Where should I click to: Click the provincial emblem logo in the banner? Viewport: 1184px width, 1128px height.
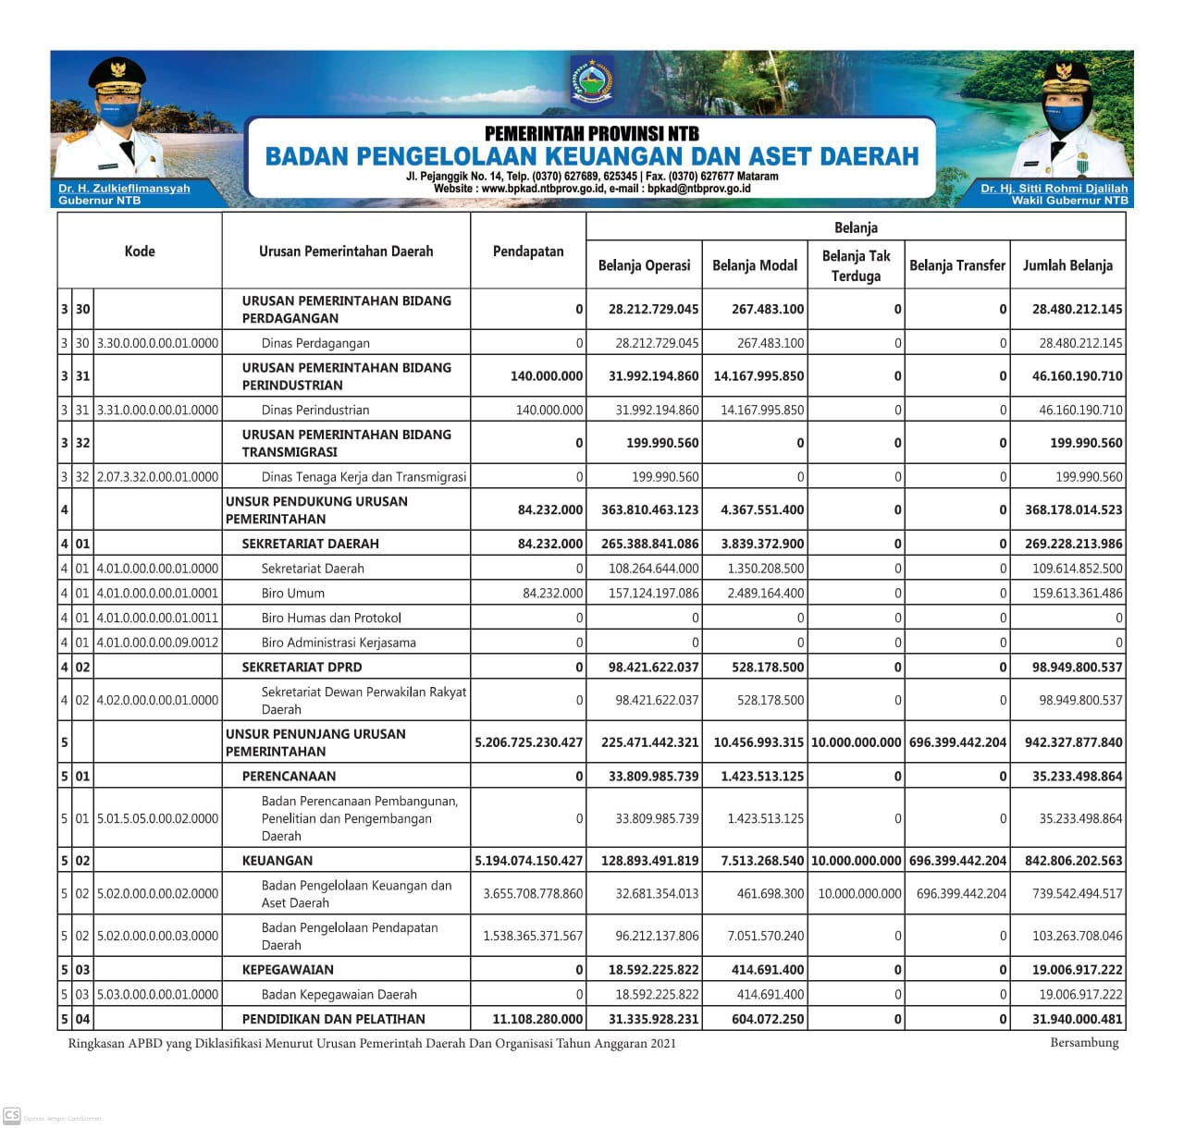[x=592, y=80]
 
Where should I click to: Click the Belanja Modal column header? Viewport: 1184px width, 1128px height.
[x=755, y=265]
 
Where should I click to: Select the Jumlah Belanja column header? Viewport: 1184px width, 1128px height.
[x=1067, y=265]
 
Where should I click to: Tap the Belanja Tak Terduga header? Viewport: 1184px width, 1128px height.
[x=856, y=265]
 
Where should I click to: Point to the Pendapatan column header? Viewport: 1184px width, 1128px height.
[x=528, y=251]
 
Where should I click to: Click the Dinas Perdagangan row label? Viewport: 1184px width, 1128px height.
[x=315, y=343]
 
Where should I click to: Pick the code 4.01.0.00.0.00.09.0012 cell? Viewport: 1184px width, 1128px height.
[x=158, y=643]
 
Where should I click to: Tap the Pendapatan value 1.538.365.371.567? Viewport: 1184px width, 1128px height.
[x=533, y=936]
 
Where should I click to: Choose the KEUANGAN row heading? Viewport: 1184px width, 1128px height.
[x=277, y=861]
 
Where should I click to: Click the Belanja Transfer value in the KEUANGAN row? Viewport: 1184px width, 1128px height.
[x=957, y=861]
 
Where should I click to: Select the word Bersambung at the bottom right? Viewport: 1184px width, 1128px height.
[x=1084, y=1043]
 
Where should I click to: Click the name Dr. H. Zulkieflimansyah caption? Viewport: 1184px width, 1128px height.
[x=124, y=189]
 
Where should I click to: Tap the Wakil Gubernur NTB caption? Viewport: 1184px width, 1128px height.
[x=1069, y=200]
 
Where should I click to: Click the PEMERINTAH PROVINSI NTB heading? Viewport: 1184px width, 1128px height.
[x=592, y=134]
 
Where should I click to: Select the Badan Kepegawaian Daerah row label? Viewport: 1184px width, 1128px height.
[x=339, y=995]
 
